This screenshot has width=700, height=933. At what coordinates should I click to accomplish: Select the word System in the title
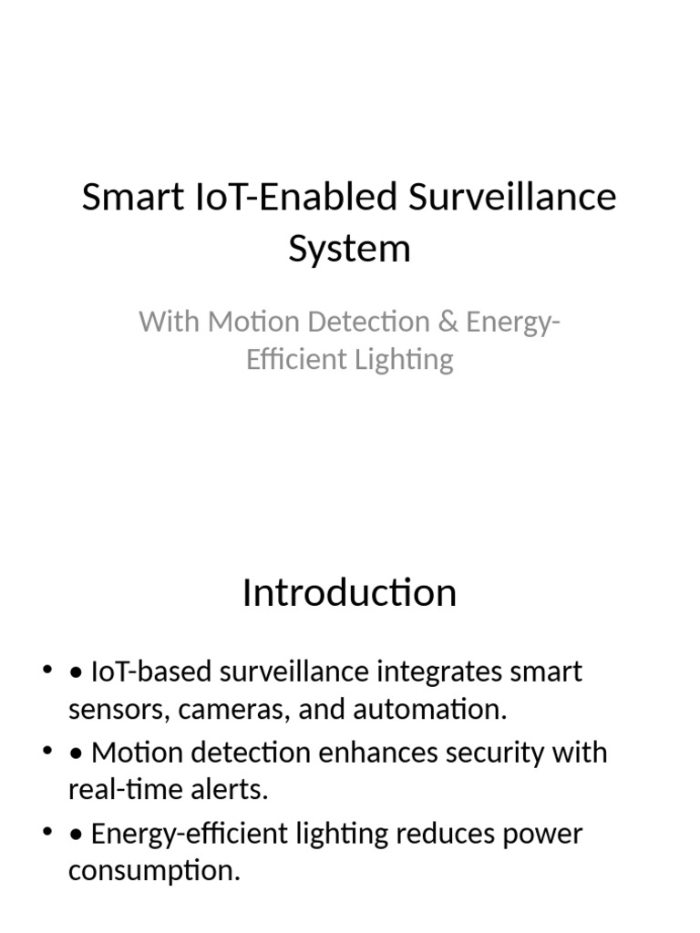click(349, 248)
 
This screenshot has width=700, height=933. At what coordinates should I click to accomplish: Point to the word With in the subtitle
click(169, 322)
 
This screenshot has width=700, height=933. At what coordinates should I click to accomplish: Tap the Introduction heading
click(349, 593)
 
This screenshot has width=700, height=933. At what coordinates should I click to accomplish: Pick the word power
click(545, 834)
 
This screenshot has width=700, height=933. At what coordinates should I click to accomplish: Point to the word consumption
click(154, 871)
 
